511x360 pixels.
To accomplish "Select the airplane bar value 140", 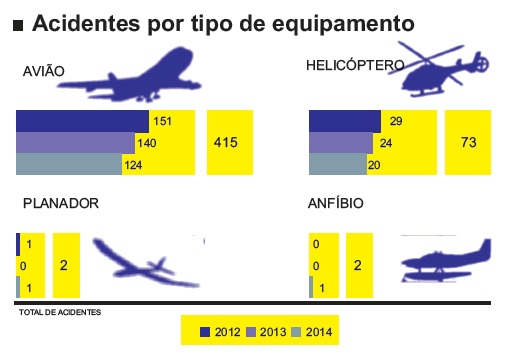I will [x=148, y=143].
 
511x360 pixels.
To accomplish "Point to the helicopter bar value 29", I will [x=396, y=122].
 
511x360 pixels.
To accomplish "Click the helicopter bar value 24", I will [x=386, y=143].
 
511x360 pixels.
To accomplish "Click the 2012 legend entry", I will [x=219, y=332].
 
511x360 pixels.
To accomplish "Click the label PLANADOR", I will [x=61, y=203].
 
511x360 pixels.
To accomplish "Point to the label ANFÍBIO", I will [x=336, y=203].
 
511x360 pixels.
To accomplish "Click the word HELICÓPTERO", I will [x=355, y=66].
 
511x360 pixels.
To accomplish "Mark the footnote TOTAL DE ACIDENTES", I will [x=60, y=312].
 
